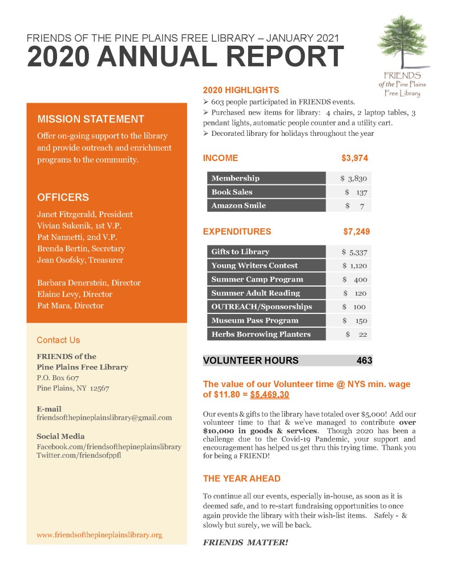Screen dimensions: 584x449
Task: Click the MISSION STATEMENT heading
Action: point(90,119)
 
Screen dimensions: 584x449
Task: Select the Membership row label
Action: point(235,178)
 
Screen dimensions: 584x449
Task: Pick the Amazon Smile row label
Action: point(238,206)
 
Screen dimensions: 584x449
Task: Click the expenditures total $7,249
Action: point(357,232)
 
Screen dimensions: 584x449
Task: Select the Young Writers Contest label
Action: point(254,265)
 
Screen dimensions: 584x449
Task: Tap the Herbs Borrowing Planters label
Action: point(261,334)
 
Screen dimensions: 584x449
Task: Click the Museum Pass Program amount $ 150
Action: point(354,320)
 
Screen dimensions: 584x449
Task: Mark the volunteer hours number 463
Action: point(364,361)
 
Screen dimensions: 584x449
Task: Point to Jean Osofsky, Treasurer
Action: point(80,260)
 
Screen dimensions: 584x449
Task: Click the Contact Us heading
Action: point(58,340)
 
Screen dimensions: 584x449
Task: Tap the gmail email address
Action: point(104,417)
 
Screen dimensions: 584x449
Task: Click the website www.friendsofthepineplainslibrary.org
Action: point(99,535)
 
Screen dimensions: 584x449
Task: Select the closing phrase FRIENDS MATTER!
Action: point(245,542)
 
